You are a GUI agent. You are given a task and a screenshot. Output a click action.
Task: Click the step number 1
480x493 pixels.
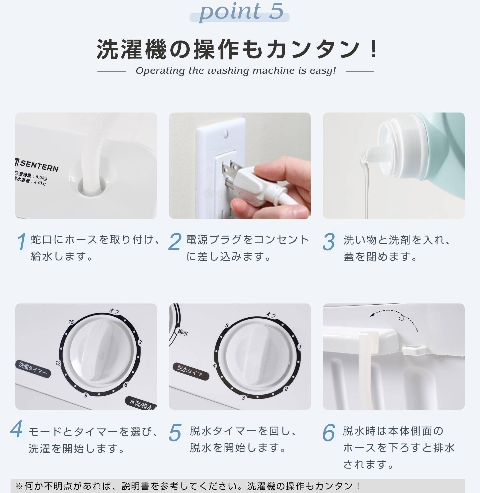[22, 241]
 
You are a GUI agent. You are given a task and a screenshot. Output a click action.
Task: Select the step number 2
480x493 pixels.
[175, 241]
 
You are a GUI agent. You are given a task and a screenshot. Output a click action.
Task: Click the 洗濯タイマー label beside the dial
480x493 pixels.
[33, 369]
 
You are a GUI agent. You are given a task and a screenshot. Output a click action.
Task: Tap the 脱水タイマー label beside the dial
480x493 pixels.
[191, 371]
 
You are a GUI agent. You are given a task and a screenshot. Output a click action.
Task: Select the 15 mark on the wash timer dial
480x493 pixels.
[71, 322]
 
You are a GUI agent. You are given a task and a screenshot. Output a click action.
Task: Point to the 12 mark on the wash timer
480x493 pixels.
[58, 363]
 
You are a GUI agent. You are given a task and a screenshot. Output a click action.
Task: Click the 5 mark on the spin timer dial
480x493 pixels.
[227, 325]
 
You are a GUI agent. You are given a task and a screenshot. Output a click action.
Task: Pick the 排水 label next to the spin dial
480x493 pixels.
[182, 333]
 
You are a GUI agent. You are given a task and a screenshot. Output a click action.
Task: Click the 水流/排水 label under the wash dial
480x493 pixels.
[141, 403]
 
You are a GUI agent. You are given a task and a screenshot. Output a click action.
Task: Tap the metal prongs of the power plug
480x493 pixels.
[228, 174]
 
